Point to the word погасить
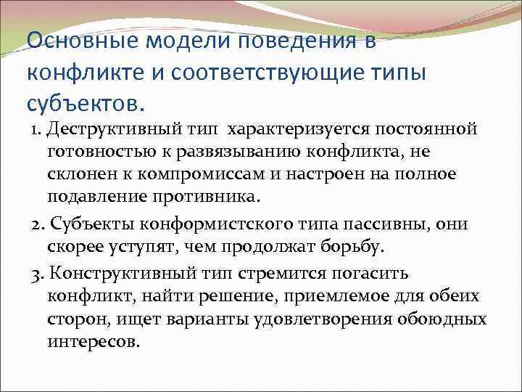coord(367,274)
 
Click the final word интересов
coord(94,342)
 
